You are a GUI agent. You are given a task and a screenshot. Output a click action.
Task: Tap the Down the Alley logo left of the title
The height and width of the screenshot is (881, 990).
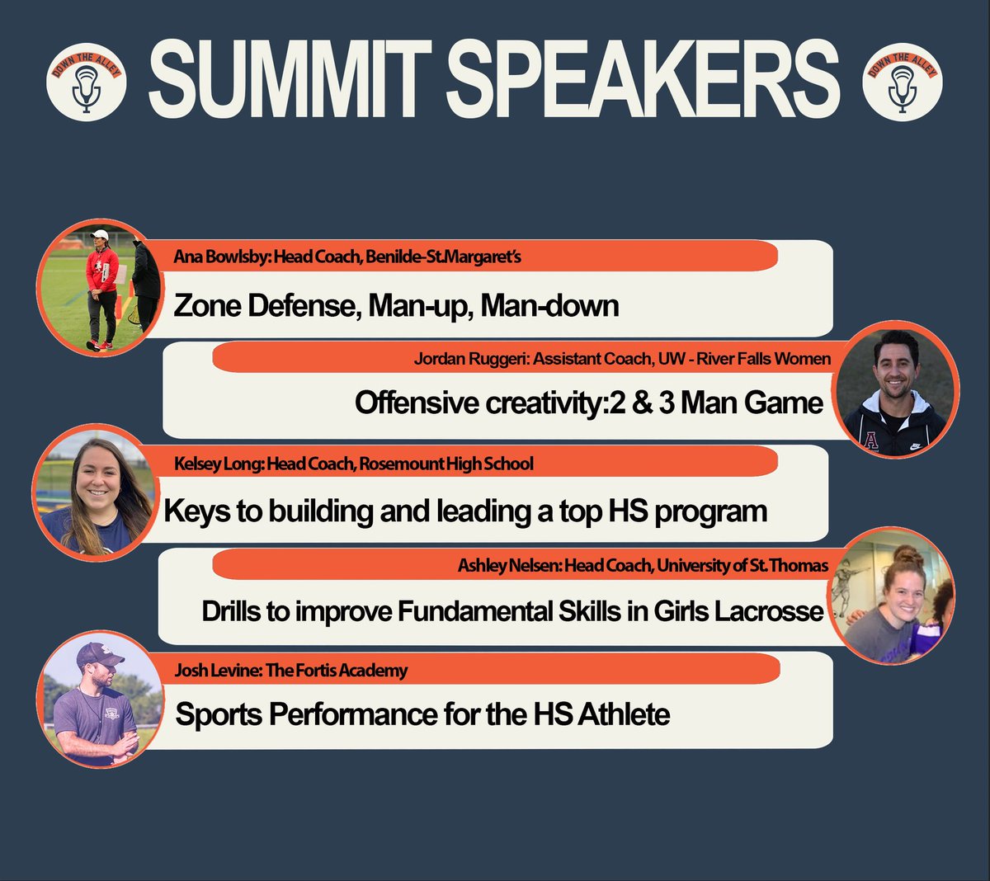point(86,82)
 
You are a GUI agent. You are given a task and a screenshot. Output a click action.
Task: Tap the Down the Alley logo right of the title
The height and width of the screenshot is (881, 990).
point(902,81)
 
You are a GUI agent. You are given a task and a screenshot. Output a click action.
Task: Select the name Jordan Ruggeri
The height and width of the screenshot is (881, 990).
point(470,360)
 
